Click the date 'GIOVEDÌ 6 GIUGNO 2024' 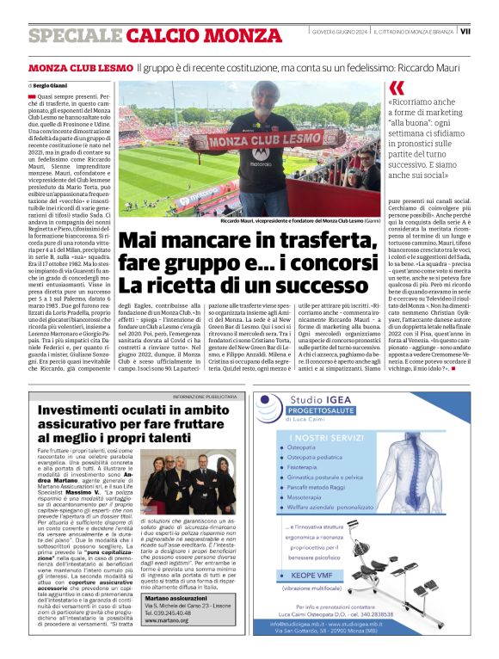click(x=340, y=31)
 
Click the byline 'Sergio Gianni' click(x=50, y=86)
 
